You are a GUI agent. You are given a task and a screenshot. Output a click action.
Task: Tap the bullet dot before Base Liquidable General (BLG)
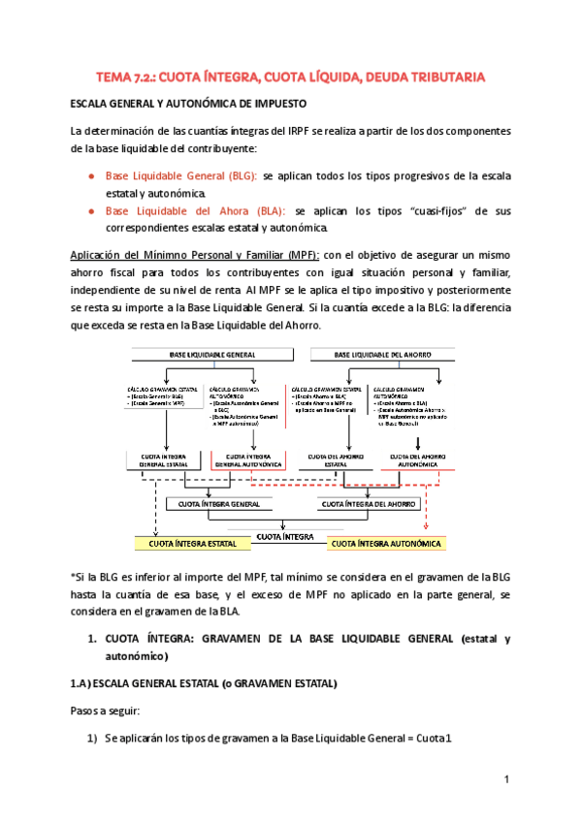click(90, 176)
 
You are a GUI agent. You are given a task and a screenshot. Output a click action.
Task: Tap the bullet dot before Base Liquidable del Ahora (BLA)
click(90, 210)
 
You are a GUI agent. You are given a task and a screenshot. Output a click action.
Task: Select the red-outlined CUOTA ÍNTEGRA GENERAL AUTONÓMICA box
click(247, 459)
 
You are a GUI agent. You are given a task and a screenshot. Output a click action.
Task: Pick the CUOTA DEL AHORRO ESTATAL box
click(336, 459)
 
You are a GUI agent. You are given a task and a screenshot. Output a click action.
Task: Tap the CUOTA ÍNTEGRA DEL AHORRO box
click(369, 504)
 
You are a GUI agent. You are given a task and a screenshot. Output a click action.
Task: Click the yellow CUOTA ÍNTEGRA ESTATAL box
click(192, 544)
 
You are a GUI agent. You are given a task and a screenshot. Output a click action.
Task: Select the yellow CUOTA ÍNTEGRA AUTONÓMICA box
click(386, 544)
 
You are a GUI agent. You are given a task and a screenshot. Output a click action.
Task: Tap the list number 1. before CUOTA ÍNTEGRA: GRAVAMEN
click(91, 640)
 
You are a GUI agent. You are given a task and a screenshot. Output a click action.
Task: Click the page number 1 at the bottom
click(506, 780)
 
